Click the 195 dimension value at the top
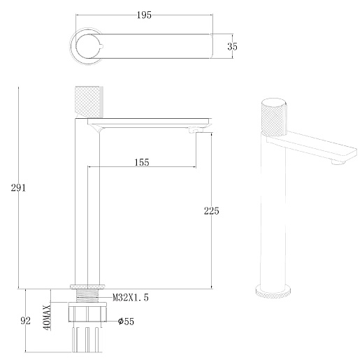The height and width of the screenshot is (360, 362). (x=145, y=14)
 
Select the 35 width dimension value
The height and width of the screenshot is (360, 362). (x=233, y=46)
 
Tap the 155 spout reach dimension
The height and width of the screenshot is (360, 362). (x=141, y=162)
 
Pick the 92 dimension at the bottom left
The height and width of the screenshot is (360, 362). (x=26, y=321)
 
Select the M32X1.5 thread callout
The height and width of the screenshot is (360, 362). (x=131, y=298)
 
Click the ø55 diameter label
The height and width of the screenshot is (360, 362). (x=125, y=321)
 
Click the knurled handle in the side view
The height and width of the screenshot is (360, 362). (x=87, y=102)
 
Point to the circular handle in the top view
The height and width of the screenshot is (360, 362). (x=87, y=46)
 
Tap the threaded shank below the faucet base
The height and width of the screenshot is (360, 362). (x=87, y=298)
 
